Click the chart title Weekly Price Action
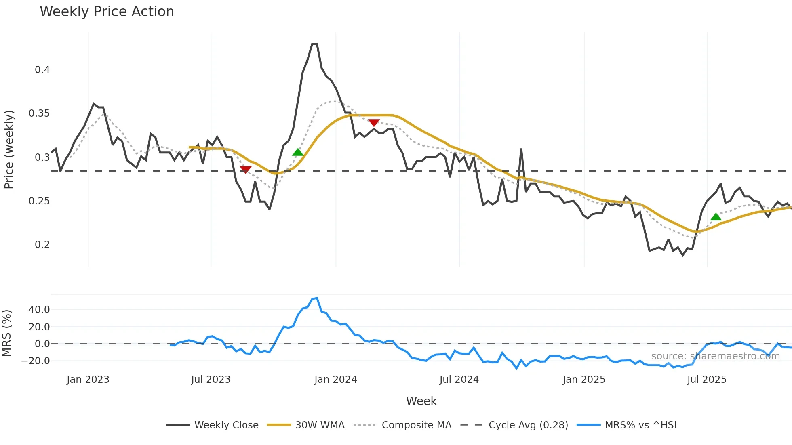coord(107,12)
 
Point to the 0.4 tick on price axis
coord(42,70)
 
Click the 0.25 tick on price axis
coord(39,201)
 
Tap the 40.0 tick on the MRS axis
coord(39,310)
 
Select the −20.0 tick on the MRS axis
coord(36,361)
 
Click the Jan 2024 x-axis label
coord(335,380)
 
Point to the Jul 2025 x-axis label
coord(706,380)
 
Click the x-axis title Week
coord(421,401)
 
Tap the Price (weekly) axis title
coord(9,149)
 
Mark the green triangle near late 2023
coord(298,152)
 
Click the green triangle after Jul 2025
coord(716,217)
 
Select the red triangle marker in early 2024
coord(374,122)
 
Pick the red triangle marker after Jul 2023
coord(245,170)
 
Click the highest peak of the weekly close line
coord(314,44)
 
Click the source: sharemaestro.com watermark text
coord(715,356)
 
